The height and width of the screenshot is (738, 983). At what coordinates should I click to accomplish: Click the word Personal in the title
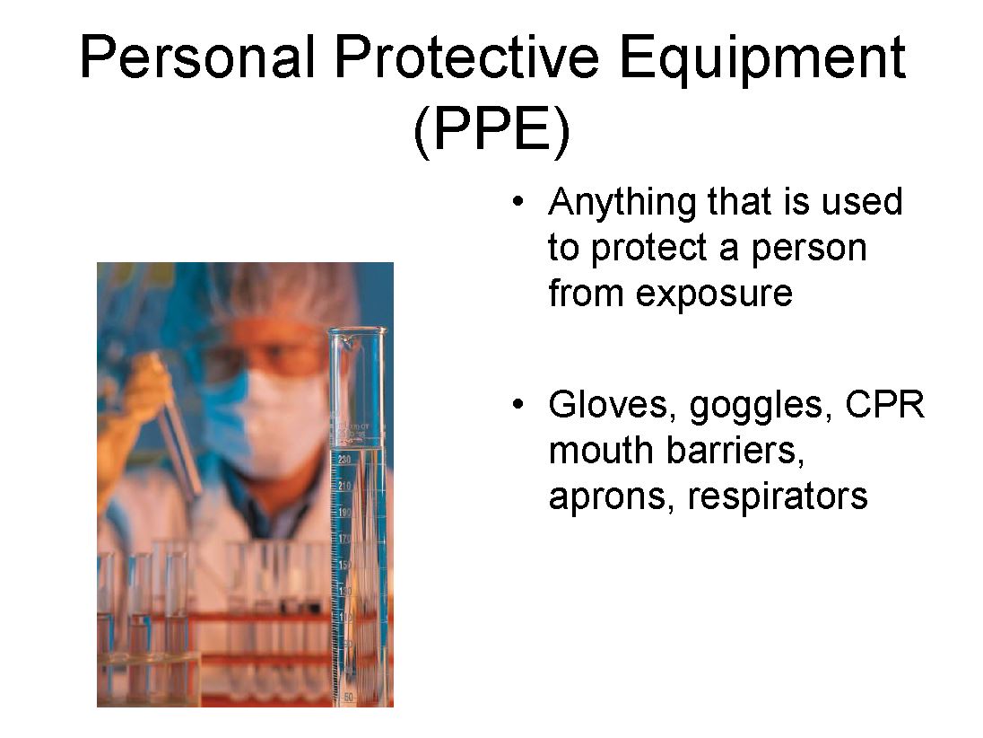[x=197, y=57]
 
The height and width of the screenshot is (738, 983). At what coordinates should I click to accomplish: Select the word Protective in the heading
[x=467, y=57]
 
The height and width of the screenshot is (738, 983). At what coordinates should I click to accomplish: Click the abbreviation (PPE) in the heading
[x=492, y=128]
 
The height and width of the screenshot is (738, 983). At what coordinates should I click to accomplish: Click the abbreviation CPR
[x=884, y=404]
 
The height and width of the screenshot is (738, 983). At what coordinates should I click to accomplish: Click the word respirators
[x=778, y=496]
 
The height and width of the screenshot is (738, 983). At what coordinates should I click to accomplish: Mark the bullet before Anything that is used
[x=518, y=202]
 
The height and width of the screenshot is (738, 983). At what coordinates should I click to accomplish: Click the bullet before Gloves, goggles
[x=518, y=404]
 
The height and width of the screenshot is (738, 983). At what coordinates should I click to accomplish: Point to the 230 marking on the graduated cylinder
[x=344, y=460]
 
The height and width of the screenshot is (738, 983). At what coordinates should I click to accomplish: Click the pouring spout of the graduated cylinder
[x=347, y=343]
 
